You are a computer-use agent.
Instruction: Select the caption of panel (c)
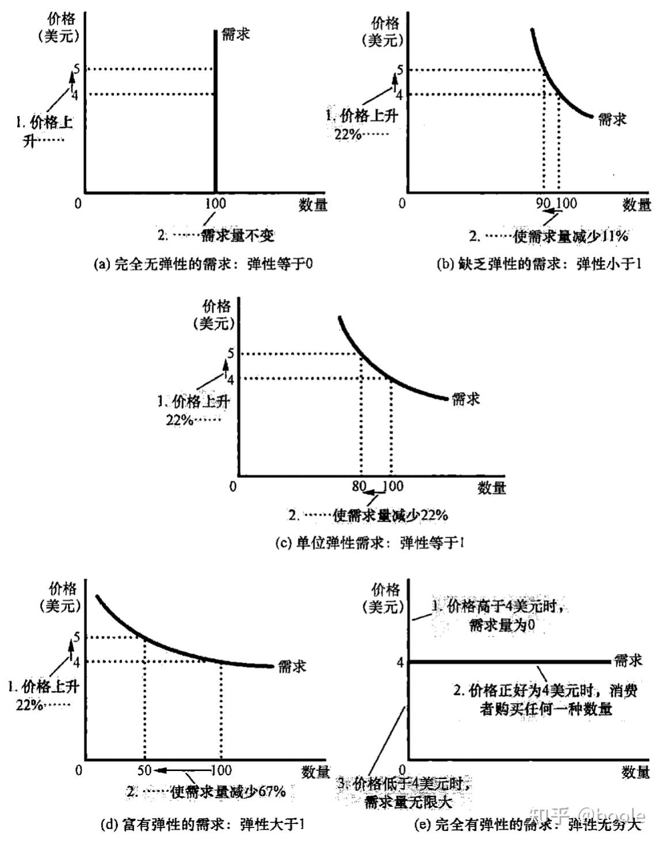pyautogui.click(x=369, y=542)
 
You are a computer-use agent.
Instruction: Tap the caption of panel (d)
pyautogui.click(x=203, y=825)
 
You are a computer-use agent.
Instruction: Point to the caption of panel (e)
pyautogui.click(x=527, y=825)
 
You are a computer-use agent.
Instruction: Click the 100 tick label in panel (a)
pyautogui.click(x=215, y=203)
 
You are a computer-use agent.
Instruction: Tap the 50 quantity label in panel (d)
pyautogui.click(x=144, y=770)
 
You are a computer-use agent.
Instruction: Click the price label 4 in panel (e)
pyautogui.click(x=400, y=662)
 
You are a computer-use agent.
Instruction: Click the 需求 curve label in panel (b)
pyautogui.click(x=612, y=119)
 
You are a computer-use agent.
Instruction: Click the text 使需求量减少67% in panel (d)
pyautogui.click(x=228, y=792)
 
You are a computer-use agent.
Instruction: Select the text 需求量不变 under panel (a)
pyautogui.click(x=237, y=235)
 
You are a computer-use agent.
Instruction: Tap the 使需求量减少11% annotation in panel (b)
pyautogui.click(x=570, y=235)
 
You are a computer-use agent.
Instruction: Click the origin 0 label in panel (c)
pyautogui.click(x=233, y=487)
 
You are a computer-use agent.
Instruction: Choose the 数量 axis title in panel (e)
pyautogui.click(x=636, y=772)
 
